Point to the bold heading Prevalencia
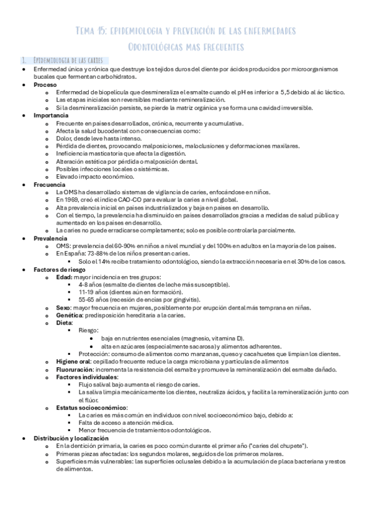pyautogui.click(x=49, y=238)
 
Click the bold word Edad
pyautogui.click(x=63, y=277)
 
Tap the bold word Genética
pyautogui.click(x=67, y=315)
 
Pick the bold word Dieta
pyautogui.click(x=64, y=323)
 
